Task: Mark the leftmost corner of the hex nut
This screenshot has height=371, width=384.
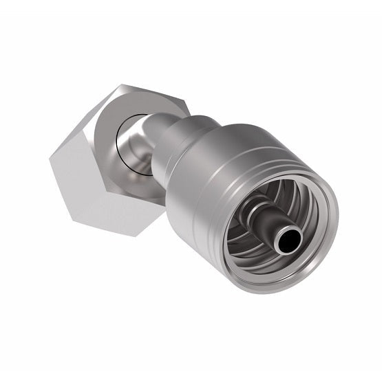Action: click(x=50, y=157)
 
